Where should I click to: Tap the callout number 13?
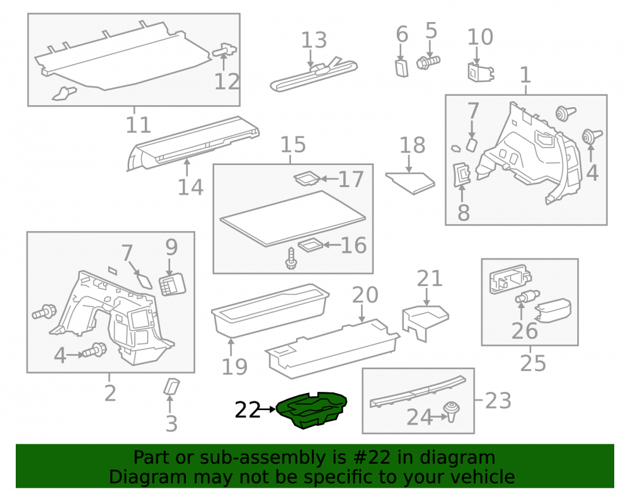coord(314,40)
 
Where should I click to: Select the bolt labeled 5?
coord(428,62)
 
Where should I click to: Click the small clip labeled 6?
coord(402,68)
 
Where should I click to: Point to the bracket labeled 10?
coord(481,72)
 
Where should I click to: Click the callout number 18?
coord(412,146)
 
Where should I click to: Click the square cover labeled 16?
coord(311,245)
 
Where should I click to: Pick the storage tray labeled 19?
coord(270,311)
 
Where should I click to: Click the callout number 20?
coord(365,295)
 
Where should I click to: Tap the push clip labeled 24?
coord(451,411)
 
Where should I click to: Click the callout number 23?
coord(498,401)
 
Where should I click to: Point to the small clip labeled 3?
coord(171,386)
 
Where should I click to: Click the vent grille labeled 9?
coord(173,284)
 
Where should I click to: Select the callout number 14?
coord(190,187)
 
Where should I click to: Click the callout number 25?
coord(533,363)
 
